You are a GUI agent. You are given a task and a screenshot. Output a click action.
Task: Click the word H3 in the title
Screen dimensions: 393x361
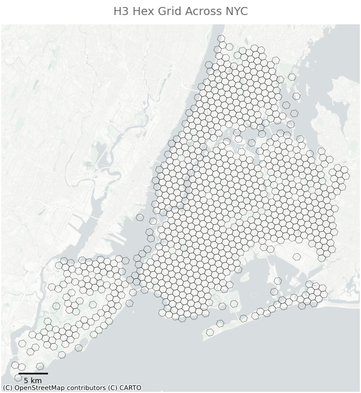tap(121, 12)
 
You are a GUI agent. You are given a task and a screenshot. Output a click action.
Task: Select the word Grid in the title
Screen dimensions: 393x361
tap(168, 12)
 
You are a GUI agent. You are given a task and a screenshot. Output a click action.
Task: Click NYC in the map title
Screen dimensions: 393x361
tap(236, 12)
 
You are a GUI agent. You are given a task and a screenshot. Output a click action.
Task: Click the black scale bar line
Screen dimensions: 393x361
tap(33, 373)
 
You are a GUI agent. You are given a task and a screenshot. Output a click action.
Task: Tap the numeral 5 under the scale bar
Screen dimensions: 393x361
tap(26, 381)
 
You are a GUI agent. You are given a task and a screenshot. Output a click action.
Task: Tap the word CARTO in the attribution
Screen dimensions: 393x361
tap(130, 388)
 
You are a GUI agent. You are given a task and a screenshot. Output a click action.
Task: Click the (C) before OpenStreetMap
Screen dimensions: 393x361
tap(8, 388)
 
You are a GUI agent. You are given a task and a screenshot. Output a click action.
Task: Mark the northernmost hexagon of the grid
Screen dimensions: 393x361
tap(221, 39)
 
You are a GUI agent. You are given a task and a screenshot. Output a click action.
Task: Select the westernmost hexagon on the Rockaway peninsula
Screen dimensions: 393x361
tap(210, 332)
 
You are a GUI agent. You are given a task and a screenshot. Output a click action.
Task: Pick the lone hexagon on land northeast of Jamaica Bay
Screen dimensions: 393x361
tap(297, 257)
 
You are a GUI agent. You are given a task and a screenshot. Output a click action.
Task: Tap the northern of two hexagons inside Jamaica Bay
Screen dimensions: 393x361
tap(277, 281)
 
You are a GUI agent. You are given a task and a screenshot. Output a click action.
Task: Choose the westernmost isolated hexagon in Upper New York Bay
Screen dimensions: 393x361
tap(140, 217)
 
